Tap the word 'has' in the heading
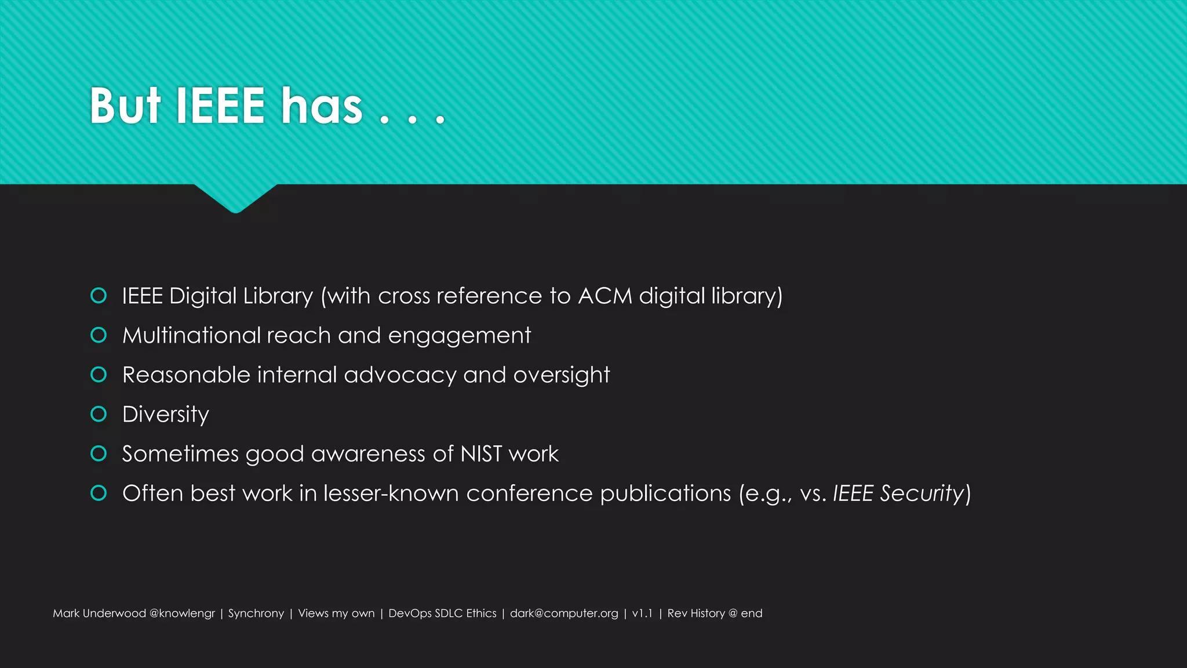(322, 106)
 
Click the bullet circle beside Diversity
(99, 414)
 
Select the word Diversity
(166, 415)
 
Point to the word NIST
(481, 454)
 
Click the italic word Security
(922, 493)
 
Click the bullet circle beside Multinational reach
(99, 335)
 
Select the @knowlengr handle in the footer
(182, 613)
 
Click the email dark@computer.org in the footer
(564, 613)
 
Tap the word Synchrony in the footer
(256, 613)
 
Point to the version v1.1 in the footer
(642, 613)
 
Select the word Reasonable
(186, 375)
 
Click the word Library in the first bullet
(278, 296)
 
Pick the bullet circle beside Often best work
(99, 493)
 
